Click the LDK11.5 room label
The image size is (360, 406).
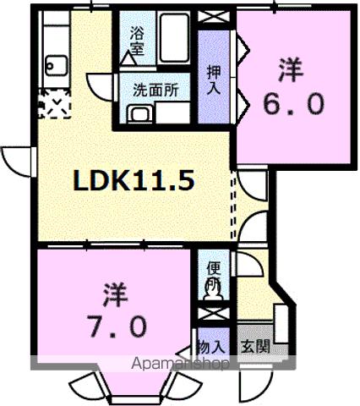pos(134,180)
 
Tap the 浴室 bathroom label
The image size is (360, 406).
pos(137,41)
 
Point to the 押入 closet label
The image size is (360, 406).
pos(215,74)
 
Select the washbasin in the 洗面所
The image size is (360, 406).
pos(138,113)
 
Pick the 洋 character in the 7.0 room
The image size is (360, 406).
pos(117,295)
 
